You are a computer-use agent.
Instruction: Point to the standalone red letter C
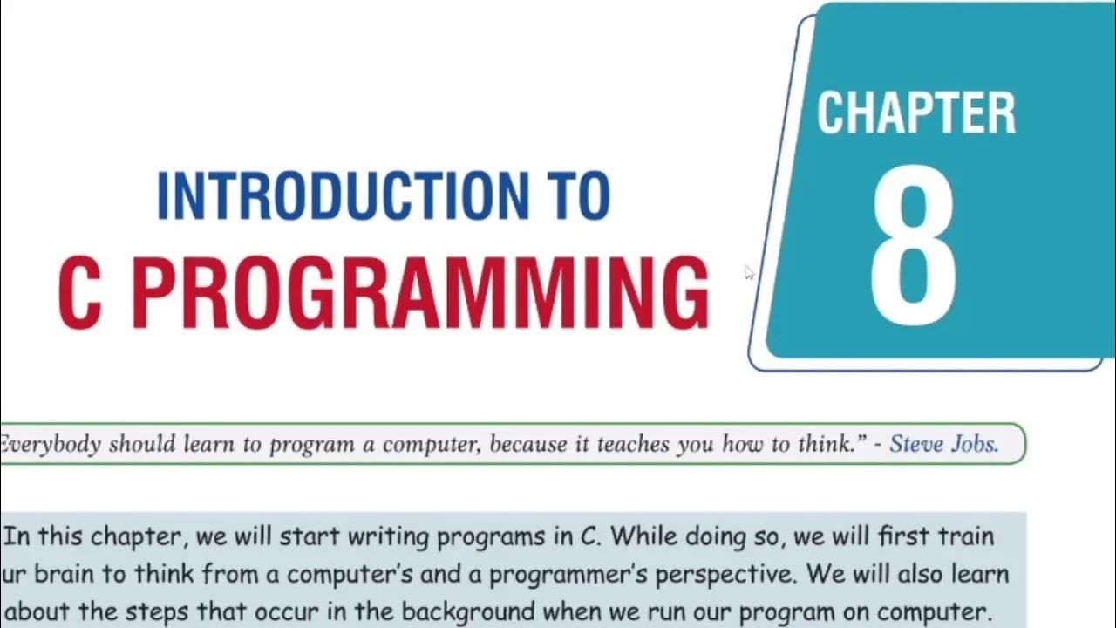coord(79,294)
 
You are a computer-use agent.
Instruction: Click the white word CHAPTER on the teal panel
coord(915,113)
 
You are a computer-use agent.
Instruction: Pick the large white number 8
coord(913,242)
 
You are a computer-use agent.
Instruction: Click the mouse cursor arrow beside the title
coord(749,272)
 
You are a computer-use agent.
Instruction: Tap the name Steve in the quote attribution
coord(919,444)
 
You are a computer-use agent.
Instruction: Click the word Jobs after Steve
coord(976,444)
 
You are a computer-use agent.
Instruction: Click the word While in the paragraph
coord(638,536)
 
